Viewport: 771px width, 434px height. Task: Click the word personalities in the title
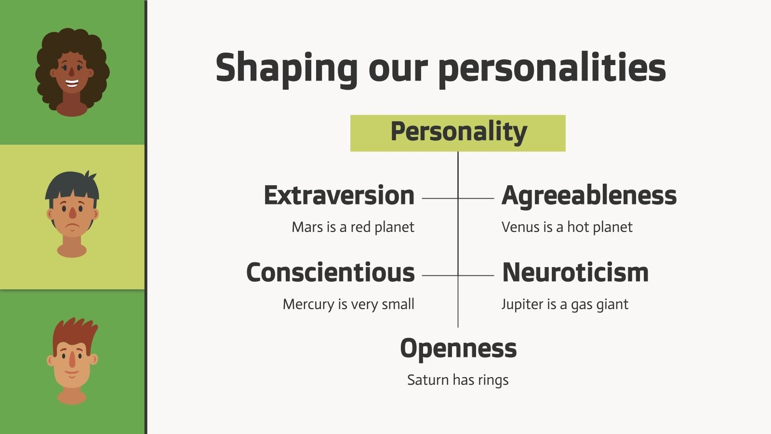coord(552,69)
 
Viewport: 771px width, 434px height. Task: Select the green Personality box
coord(458,133)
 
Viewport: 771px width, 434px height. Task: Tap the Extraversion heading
coord(339,196)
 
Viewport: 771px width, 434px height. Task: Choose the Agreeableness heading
coord(589,196)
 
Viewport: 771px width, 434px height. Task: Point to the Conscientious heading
coord(330,273)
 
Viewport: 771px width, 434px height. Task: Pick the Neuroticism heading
coord(575,273)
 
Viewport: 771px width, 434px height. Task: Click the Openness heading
coord(458,348)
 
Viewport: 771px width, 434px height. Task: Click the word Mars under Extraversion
coord(307,227)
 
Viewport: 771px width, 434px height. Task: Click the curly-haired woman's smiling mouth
coord(72,83)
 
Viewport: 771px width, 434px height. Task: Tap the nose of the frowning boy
coord(72,213)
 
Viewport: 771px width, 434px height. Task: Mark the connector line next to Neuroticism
coord(476,275)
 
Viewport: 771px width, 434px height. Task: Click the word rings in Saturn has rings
coord(493,380)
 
